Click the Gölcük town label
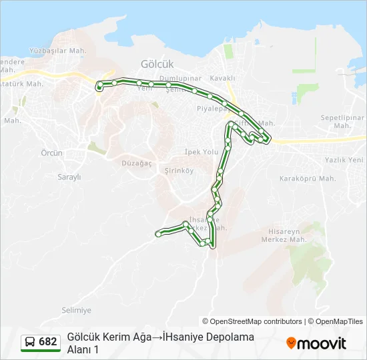click(x=157, y=64)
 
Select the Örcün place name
click(x=51, y=153)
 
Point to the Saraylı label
click(x=69, y=177)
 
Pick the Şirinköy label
click(x=178, y=171)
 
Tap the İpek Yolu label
click(x=202, y=152)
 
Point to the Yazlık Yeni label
click(x=344, y=160)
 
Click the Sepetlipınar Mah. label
click(x=343, y=121)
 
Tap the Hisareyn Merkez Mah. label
click(x=284, y=235)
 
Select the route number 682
click(x=48, y=342)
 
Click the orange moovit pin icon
click(x=291, y=343)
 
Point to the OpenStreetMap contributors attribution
click(x=252, y=321)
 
